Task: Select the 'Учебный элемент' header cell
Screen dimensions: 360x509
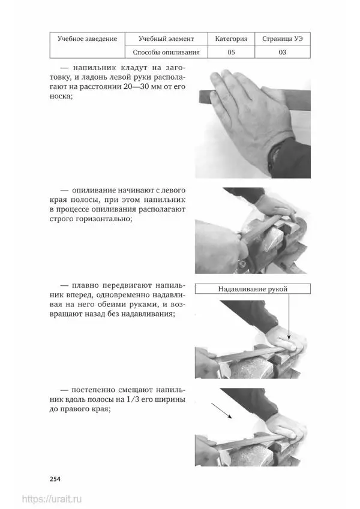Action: (166, 39)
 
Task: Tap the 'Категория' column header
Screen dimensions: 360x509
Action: (231, 39)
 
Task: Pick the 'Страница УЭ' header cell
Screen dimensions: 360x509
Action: (283, 39)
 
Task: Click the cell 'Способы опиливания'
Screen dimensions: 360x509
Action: (166, 52)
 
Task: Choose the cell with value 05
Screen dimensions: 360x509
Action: (231, 52)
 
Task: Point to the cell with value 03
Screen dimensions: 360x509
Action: (283, 52)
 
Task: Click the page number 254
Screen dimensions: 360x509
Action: (55, 479)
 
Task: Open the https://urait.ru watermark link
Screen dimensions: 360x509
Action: (52, 499)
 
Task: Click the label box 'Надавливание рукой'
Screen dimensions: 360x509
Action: (253, 289)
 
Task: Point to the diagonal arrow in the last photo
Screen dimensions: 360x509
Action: (221, 411)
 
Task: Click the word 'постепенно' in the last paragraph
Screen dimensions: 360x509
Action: (93, 390)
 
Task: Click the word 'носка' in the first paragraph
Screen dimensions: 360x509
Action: (60, 97)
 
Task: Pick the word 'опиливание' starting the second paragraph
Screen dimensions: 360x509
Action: (93, 191)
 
